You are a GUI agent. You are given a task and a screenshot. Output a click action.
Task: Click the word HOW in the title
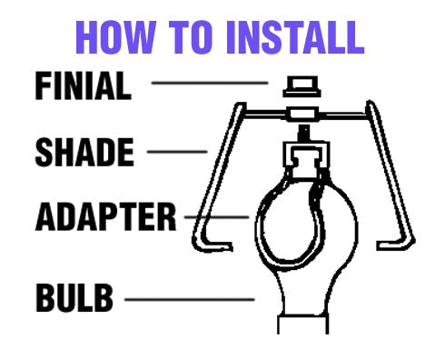tap(116, 37)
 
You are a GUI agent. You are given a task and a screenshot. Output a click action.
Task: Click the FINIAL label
tap(84, 85)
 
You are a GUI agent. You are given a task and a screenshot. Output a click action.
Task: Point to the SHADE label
tap(84, 152)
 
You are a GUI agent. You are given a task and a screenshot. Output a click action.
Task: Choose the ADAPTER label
tap(105, 217)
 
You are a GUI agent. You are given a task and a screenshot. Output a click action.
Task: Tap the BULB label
tap(74, 297)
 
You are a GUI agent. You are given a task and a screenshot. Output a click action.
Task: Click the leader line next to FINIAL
tap(210, 83)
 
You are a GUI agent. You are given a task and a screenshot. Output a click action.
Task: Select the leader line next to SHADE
tap(177, 152)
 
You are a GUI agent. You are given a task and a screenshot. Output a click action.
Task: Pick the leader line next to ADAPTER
tap(217, 217)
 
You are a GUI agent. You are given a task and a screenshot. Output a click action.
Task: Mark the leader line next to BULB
tap(190, 300)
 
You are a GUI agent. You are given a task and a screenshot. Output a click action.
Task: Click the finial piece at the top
tap(302, 86)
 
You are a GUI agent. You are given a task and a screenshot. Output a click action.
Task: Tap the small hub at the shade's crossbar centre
tap(302, 115)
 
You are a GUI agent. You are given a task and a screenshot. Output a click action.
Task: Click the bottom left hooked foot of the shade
tap(212, 245)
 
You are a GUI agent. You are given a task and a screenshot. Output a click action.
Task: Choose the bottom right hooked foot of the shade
tap(395, 245)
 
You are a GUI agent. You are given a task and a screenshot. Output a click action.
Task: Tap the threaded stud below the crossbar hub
tap(304, 133)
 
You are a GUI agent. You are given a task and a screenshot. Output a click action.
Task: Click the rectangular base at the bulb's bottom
tap(302, 325)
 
